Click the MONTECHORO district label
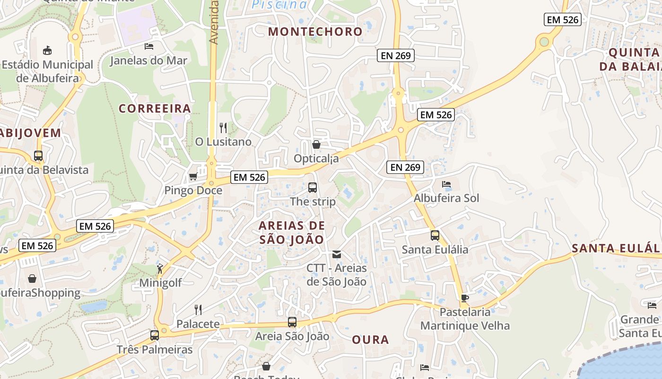(315, 32)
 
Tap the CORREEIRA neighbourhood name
(155, 108)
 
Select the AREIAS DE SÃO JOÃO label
(292, 232)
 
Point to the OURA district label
(370, 340)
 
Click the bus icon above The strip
(313, 187)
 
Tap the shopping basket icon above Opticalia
(316, 144)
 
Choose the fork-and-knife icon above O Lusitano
(223, 127)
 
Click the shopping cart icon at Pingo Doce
(193, 177)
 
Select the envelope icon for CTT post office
(337, 254)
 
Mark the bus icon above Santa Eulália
(435, 235)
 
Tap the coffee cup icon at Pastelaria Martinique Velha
(465, 298)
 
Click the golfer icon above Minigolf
(160, 269)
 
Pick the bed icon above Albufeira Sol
(446, 184)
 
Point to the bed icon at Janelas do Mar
(149, 46)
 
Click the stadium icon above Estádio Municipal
(47, 50)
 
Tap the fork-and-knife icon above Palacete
(198, 310)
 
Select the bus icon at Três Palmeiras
(155, 335)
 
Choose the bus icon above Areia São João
(292, 322)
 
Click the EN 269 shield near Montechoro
(396, 55)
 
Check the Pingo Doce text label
(193, 190)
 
